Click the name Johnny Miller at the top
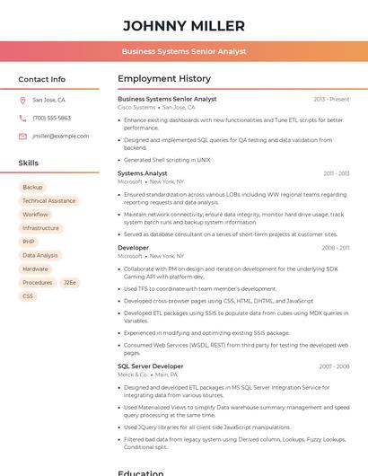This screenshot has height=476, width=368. (x=184, y=25)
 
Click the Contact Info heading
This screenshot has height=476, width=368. (x=42, y=79)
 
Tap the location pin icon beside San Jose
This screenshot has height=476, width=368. (x=22, y=101)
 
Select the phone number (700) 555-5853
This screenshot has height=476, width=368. (x=51, y=119)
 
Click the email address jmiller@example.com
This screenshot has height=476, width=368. (x=61, y=137)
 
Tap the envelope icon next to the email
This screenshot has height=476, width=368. (x=22, y=137)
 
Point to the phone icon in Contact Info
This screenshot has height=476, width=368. (x=22, y=119)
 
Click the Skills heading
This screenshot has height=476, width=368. (x=29, y=163)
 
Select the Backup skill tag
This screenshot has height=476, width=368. (x=32, y=188)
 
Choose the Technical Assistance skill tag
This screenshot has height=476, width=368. (x=49, y=201)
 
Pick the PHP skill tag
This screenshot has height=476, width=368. (x=29, y=242)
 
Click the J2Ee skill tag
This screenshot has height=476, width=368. (x=70, y=282)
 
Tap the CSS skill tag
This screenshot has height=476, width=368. (x=28, y=295)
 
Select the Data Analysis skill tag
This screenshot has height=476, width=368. (x=40, y=255)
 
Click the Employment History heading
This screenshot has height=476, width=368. (x=164, y=79)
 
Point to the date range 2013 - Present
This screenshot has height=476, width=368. (x=331, y=99)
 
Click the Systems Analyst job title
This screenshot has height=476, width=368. (x=143, y=173)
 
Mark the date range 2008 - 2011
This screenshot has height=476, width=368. (x=336, y=248)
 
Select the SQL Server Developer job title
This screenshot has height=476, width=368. (x=151, y=366)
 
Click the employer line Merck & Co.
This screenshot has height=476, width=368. (x=134, y=375)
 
